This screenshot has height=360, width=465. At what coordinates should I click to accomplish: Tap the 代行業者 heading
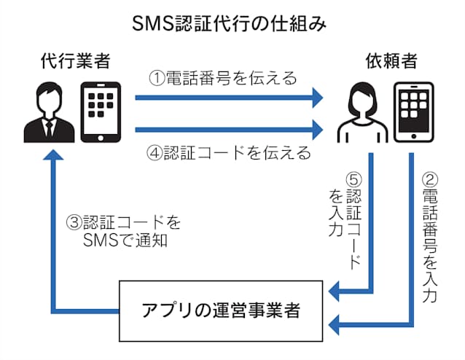point(75,62)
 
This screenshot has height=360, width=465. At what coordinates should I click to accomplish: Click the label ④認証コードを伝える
point(229,153)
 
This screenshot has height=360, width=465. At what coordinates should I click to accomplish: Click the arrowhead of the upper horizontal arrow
point(314,96)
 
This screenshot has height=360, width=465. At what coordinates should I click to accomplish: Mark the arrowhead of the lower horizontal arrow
point(314,130)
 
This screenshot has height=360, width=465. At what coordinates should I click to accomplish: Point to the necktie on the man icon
point(48,129)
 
